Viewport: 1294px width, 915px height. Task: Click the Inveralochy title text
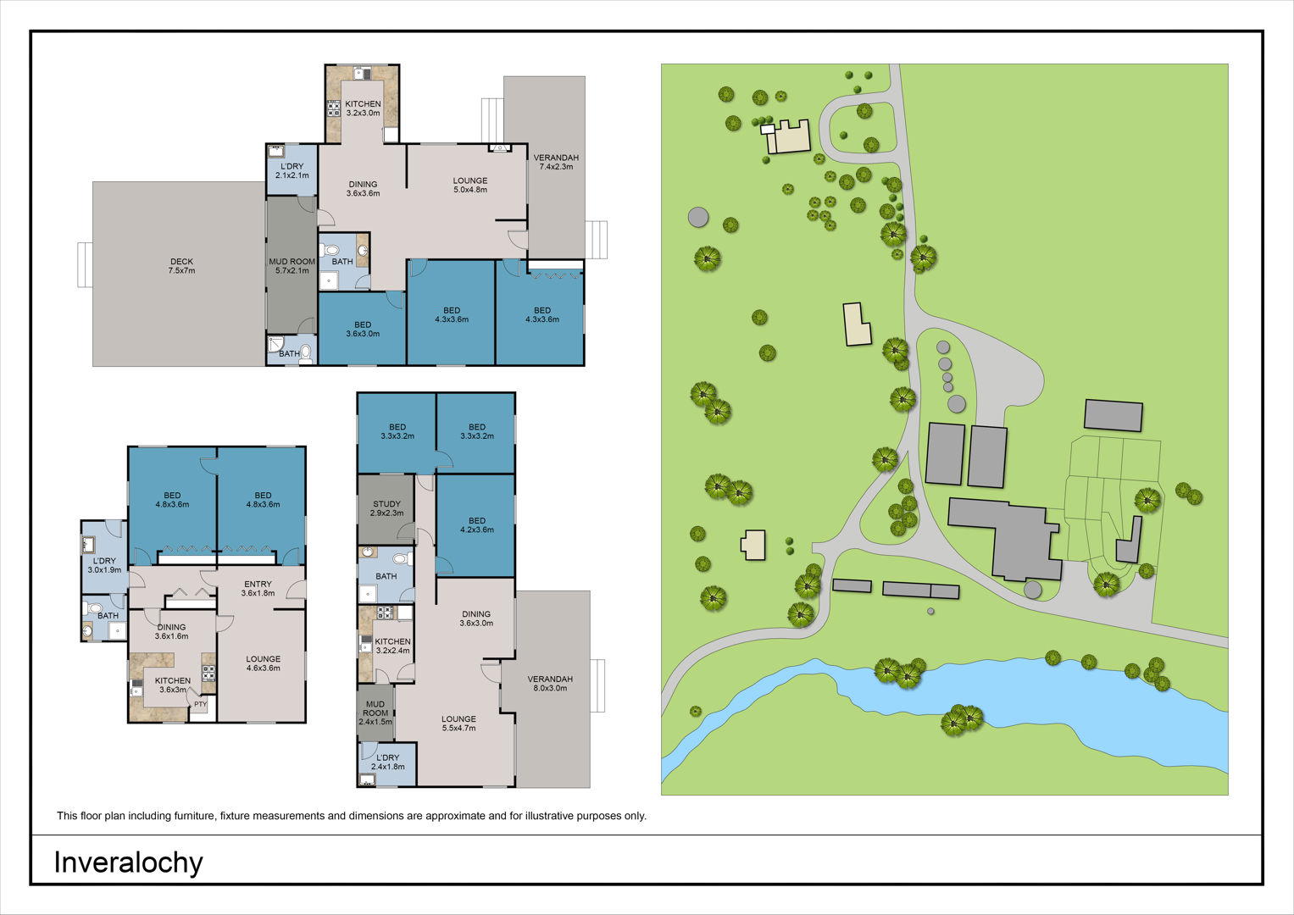click(x=128, y=863)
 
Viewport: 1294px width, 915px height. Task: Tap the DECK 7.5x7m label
click(x=181, y=266)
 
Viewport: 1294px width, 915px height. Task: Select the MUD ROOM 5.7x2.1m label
click(x=292, y=266)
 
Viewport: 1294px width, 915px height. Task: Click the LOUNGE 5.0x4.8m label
click(x=470, y=185)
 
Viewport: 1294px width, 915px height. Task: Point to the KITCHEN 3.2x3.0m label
click(x=363, y=108)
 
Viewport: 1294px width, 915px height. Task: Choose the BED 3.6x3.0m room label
click(x=363, y=329)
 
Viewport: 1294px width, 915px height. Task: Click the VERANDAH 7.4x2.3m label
click(x=556, y=162)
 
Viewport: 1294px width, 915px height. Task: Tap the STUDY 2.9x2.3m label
click(x=386, y=508)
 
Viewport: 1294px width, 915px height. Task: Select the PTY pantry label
click(x=200, y=704)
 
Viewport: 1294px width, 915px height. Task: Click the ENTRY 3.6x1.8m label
click(x=258, y=588)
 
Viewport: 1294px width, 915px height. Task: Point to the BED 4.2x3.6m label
click(x=477, y=524)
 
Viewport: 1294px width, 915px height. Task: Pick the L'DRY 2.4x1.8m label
click(x=387, y=762)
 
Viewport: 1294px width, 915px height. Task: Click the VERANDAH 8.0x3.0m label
click(x=550, y=684)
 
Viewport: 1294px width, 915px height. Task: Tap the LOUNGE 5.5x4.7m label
click(x=458, y=724)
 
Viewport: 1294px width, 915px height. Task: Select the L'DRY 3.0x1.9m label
click(x=104, y=565)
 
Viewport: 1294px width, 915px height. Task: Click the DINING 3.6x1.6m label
click(x=171, y=631)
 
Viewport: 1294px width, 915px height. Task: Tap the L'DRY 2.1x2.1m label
click(x=292, y=170)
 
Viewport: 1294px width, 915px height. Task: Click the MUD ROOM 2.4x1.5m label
click(x=375, y=713)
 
